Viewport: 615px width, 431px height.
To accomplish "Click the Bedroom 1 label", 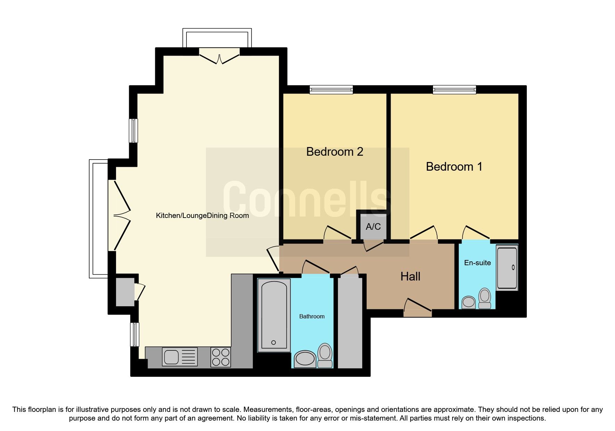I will point(454,167).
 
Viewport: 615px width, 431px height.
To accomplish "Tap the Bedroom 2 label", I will point(334,152).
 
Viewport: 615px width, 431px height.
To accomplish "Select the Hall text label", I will point(410,277).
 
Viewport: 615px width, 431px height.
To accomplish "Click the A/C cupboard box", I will point(373,226).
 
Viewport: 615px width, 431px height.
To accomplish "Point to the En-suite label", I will point(477,263).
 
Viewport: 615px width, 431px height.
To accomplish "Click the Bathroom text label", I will point(311,316).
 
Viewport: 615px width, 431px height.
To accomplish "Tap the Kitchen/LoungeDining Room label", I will point(202,215).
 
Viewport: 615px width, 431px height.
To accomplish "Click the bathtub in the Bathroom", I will point(274,315).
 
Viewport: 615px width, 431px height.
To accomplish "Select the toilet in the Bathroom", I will point(325,355).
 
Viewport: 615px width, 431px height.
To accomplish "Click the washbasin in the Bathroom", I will point(305,359).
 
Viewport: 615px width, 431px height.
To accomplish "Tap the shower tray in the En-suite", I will point(507,267).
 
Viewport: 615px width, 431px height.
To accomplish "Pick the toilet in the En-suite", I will point(484,298).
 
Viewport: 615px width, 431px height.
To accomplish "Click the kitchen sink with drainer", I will point(180,357).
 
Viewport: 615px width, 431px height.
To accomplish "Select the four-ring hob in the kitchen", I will point(221,357).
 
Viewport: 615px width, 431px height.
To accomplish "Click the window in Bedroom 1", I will point(454,90).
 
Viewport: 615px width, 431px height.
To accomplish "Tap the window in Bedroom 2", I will point(331,90).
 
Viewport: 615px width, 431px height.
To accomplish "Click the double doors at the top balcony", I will point(219,57).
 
